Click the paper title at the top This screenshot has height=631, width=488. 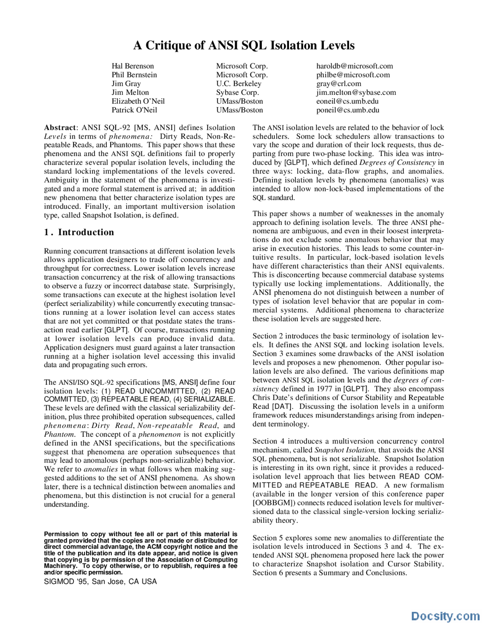244,45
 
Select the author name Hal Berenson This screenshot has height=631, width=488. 133,66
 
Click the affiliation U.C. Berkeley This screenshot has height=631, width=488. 239,83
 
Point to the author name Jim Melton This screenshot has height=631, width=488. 130,92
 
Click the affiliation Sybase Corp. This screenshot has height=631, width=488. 237,92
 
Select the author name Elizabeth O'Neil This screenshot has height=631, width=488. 138,101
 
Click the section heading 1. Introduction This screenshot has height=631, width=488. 79,232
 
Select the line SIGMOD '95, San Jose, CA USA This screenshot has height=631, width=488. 100,581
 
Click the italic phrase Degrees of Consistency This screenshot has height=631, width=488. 397,162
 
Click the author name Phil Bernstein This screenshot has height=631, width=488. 134,75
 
